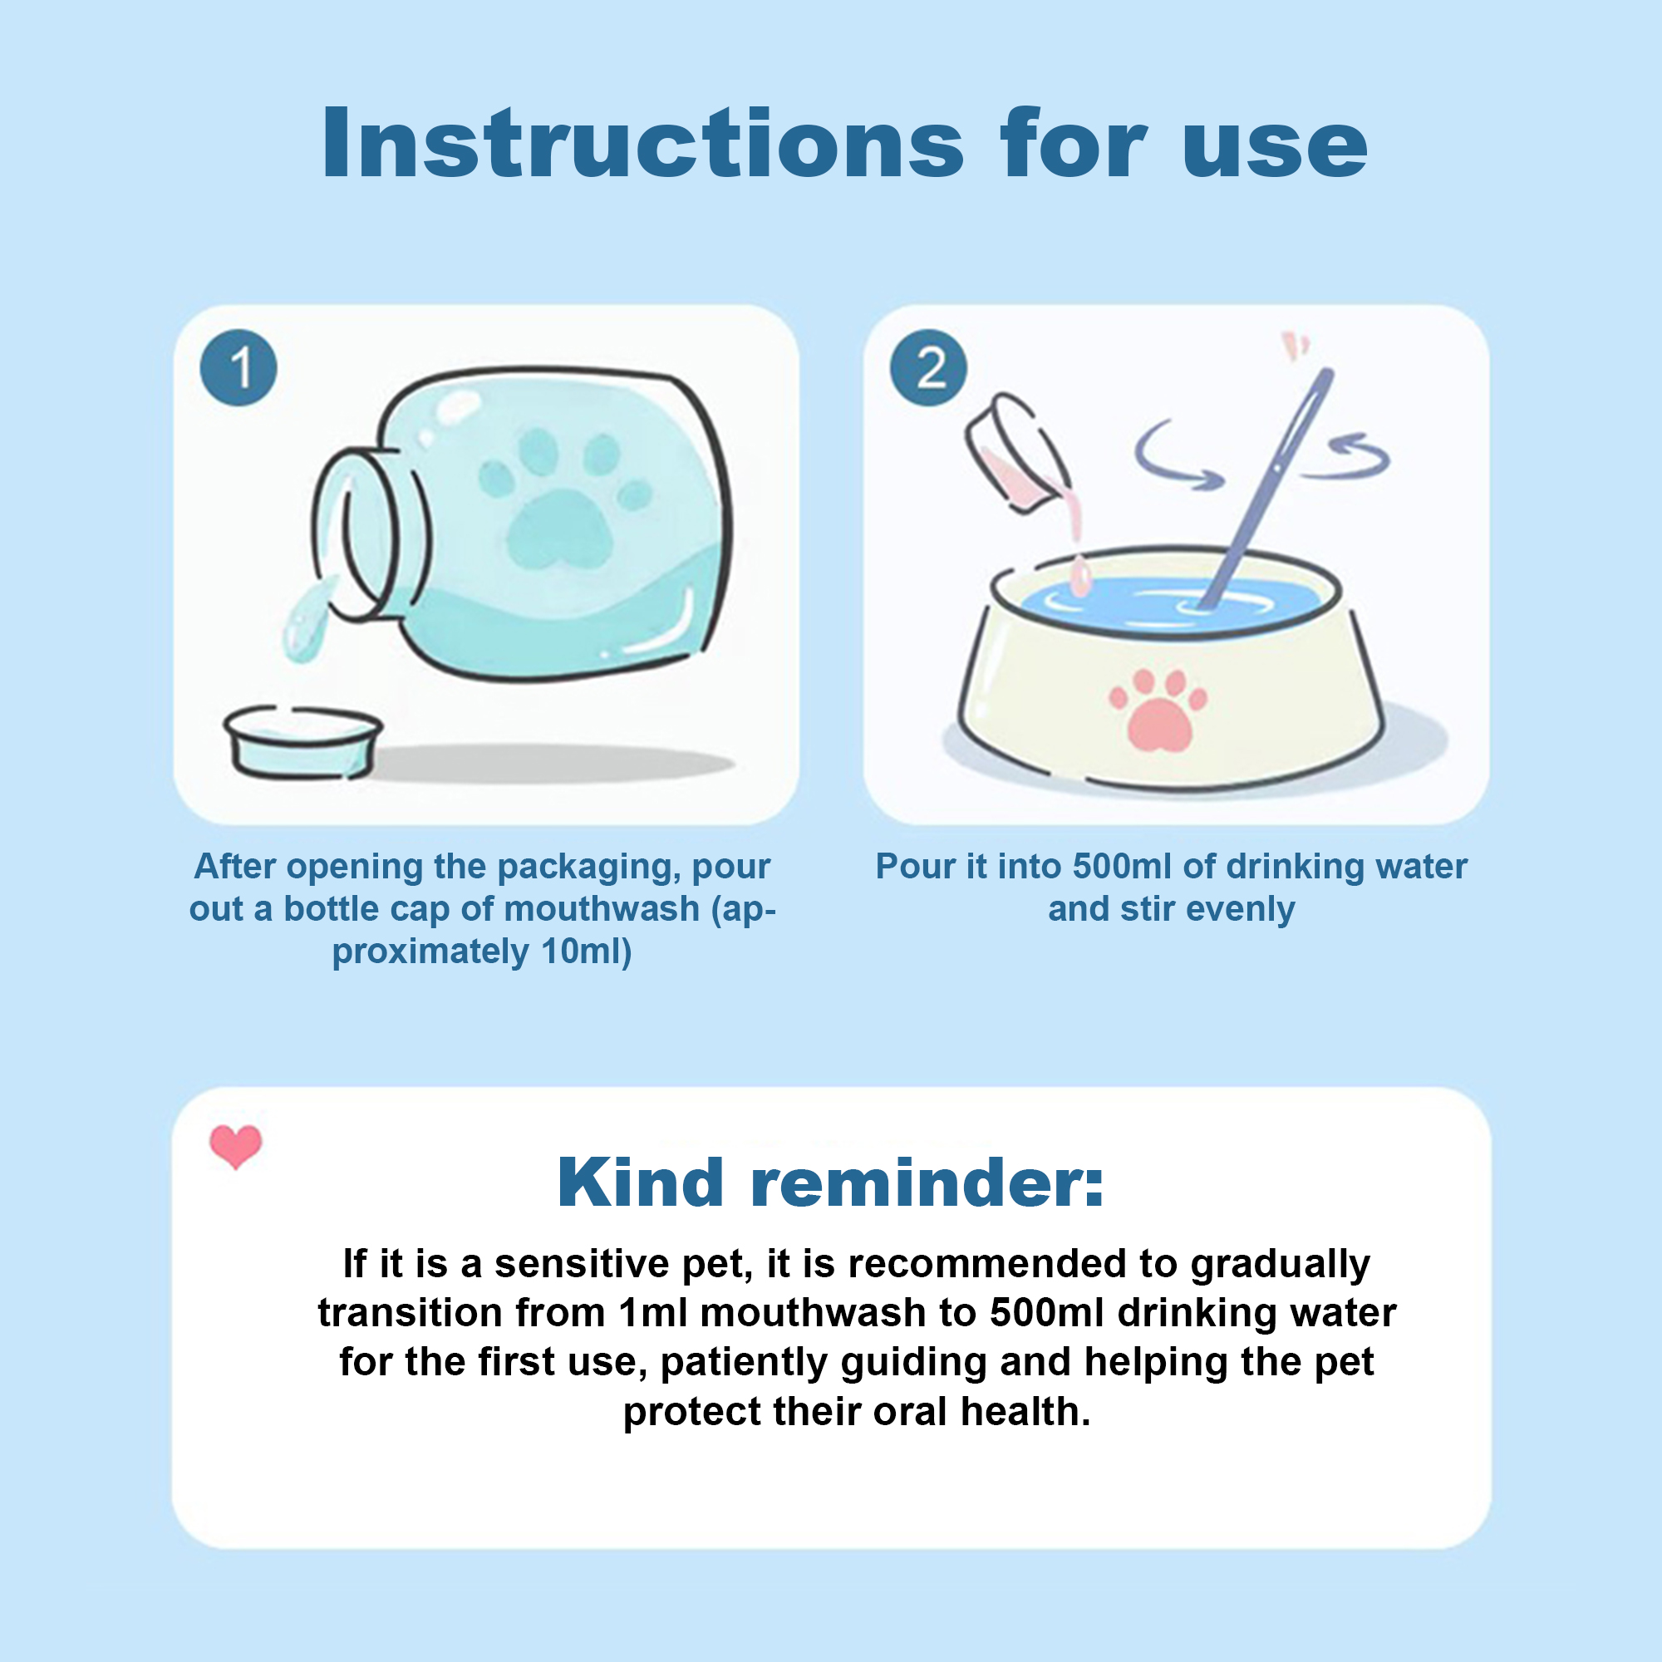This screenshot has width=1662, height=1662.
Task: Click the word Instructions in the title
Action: click(x=642, y=144)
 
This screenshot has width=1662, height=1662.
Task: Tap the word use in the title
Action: click(x=1275, y=150)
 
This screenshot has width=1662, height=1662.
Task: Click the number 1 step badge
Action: click(x=238, y=368)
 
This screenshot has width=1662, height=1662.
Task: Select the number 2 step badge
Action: click(x=928, y=368)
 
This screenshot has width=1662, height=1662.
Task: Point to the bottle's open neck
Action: click(x=361, y=534)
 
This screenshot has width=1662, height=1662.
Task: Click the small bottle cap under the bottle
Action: click(x=302, y=742)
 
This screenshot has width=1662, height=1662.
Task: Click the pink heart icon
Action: click(x=236, y=1147)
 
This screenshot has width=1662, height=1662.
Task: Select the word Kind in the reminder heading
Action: click(x=641, y=1183)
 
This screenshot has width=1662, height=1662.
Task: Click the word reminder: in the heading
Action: click(x=927, y=1186)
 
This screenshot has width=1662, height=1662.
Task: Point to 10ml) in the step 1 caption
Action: click(x=587, y=951)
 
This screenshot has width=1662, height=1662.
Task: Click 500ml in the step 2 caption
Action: click(x=1123, y=866)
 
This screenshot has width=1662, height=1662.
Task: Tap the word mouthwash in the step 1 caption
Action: click(x=579, y=908)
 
